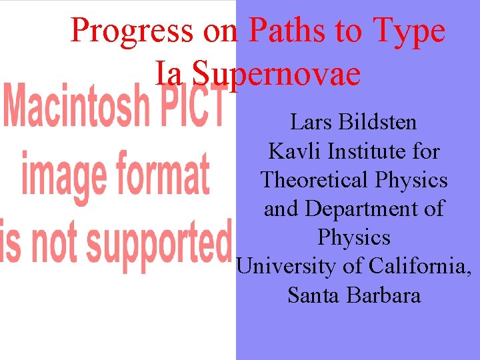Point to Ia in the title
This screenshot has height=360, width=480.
(x=169, y=73)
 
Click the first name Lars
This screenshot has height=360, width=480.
(x=311, y=123)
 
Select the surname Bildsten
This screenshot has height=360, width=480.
(x=378, y=123)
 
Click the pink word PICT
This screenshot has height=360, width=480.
(x=194, y=107)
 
